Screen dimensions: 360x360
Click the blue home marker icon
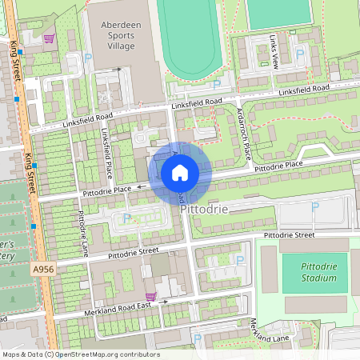tap(180, 173)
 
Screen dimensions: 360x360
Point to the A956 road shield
tap(43, 272)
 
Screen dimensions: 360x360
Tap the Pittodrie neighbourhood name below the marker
tap(205, 209)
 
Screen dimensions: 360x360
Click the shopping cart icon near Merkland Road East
tap(150, 296)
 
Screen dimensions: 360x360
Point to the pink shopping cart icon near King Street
tap(49, 38)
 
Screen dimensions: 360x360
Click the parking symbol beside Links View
tap(300, 54)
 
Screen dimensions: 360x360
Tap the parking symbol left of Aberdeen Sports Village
tap(87, 58)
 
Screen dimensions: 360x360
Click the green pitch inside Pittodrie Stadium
tap(314, 273)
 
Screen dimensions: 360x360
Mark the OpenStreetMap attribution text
tap(80, 354)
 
